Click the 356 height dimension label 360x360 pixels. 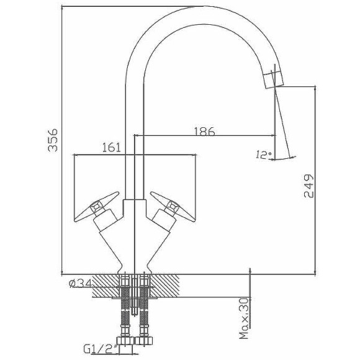(53, 140)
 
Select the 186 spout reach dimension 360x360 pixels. (205, 131)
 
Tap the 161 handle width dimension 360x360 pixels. (111, 147)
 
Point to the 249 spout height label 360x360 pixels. (308, 186)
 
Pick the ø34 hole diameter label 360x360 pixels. (80, 283)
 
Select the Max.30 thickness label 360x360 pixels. (245, 318)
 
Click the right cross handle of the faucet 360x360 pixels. (173, 207)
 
